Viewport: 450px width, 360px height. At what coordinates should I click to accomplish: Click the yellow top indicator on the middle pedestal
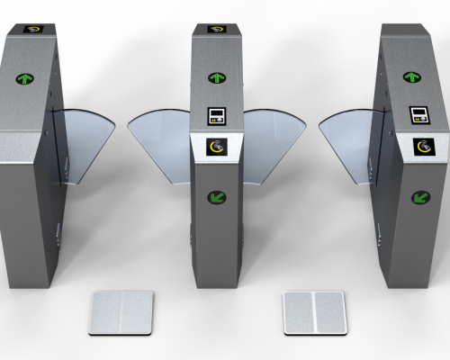(215, 29)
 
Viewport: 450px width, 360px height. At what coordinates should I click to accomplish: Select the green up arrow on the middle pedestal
(216, 79)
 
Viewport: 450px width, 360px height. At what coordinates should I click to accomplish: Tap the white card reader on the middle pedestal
(216, 116)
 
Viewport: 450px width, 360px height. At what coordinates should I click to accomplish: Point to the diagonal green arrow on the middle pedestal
(216, 197)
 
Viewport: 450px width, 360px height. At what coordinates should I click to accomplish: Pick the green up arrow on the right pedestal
(415, 78)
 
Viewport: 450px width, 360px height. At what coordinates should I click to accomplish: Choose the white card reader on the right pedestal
(420, 116)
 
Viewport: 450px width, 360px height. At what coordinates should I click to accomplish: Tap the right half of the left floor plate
(136, 312)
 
